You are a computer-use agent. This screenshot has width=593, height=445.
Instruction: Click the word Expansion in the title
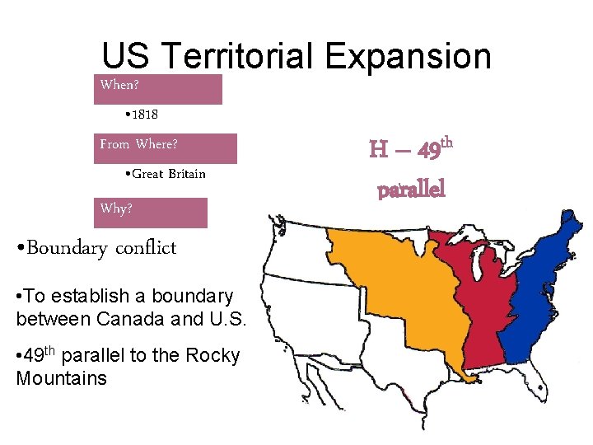(x=408, y=57)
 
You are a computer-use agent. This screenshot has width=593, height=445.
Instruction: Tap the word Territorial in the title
(x=239, y=57)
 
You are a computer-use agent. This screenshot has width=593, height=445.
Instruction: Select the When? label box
(x=157, y=88)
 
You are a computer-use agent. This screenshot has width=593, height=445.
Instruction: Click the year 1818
(x=142, y=114)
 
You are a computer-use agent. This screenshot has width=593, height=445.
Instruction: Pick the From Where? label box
(x=165, y=148)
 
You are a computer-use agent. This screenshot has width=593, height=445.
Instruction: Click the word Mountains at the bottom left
(x=61, y=378)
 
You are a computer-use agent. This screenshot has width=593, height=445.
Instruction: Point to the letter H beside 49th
(x=379, y=150)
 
